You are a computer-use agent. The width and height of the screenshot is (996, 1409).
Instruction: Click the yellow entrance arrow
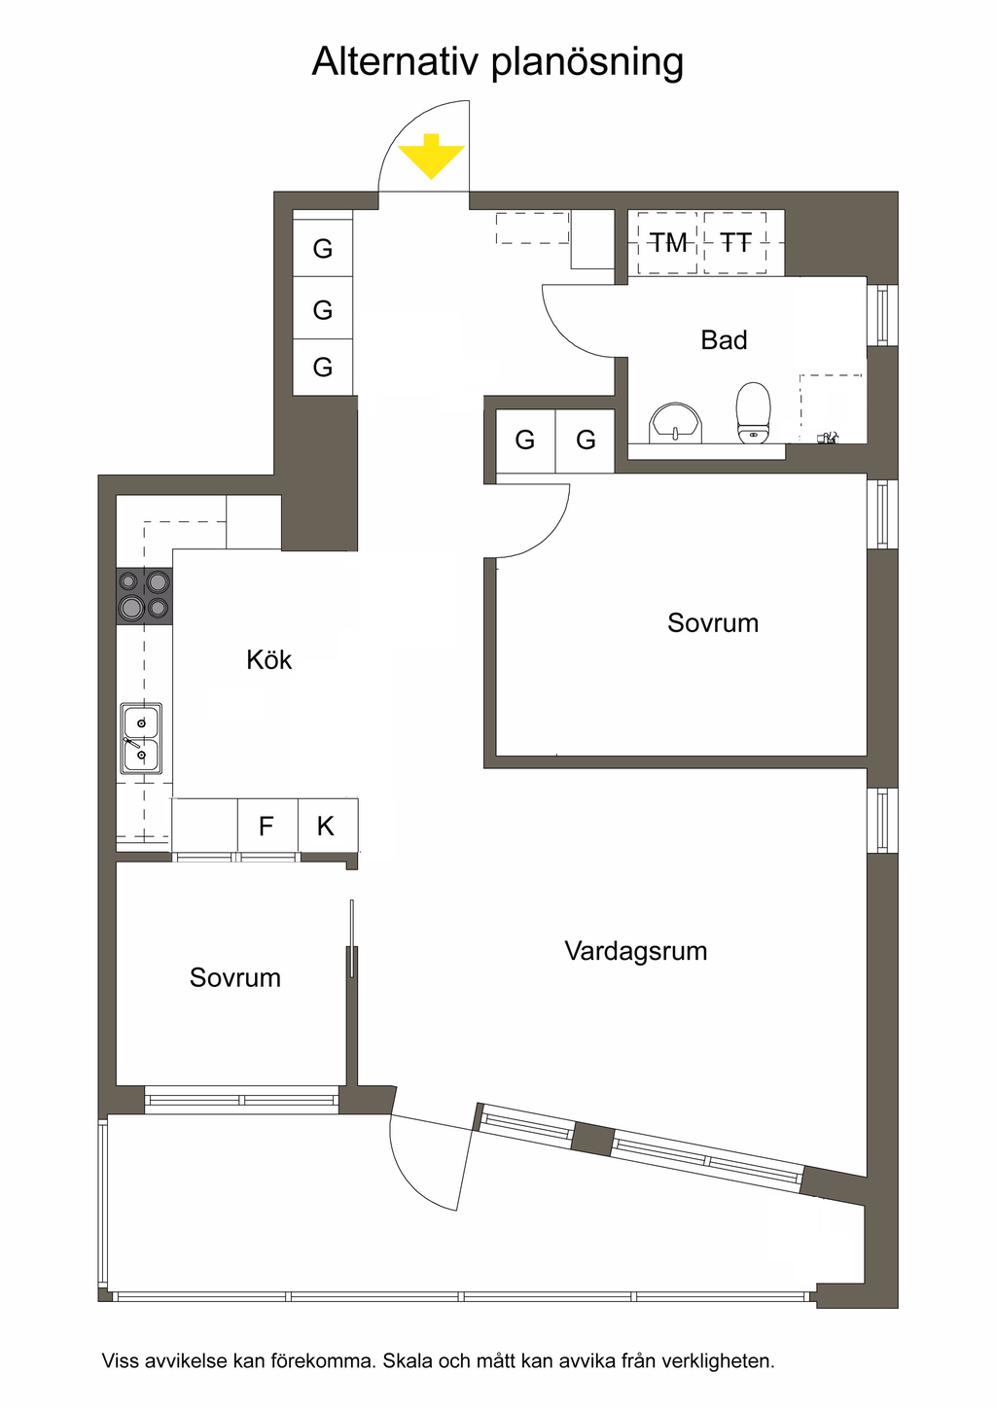click(x=431, y=157)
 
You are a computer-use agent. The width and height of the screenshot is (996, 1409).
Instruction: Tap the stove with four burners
click(x=144, y=596)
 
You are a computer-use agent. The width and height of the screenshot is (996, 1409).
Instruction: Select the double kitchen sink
click(x=142, y=738)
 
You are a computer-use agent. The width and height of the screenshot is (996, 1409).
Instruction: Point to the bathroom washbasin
click(x=675, y=422)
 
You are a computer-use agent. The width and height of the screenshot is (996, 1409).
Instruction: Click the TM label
click(x=668, y=243)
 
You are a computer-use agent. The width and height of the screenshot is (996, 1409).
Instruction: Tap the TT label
click(x=735, y=243)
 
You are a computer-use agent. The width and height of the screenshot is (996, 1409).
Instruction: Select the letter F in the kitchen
click(x=267, y=826)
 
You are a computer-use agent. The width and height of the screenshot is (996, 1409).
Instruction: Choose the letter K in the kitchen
click(x=325, y=826)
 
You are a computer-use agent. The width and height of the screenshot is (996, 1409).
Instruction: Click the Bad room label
click(x=724, y=340)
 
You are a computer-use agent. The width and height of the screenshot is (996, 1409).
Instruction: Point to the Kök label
click(x=268, y=660)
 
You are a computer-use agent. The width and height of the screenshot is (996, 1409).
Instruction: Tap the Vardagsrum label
click(x=635, y=951)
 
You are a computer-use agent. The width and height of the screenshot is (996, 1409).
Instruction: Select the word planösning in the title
click(x=587, y=63)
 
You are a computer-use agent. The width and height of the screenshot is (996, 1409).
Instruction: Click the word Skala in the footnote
click(x=408, y=1360)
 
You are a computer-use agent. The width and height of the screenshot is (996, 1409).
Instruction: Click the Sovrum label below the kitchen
click(x=234, y=978)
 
